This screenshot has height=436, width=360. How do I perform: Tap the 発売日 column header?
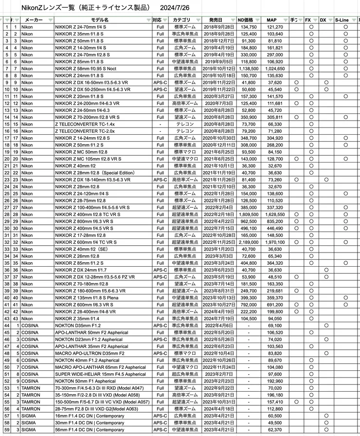pyautogui.click(x=218, y=20)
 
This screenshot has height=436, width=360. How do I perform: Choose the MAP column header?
pyautogui.click(x=271, y=20)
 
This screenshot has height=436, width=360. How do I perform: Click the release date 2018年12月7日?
pyautogui.click(x=219, y=41)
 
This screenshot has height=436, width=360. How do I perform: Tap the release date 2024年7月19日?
pyautogui.click(x=219, y=318)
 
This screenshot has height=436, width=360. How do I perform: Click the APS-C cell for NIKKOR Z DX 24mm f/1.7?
pyautogui.click(x=160, y=270)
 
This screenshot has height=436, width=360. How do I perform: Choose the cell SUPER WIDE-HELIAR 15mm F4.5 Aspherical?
pyautogui.click(x=100, y=374)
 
